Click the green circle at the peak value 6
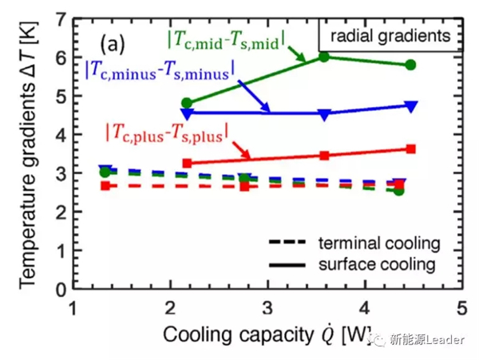pyautogui.click(x=323, y=57)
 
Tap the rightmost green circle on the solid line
pyautogui.click(x=410, y=65)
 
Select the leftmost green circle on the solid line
pyautogui.click(x=187, y=103)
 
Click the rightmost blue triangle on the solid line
pyautogui.click(x=410, y=105)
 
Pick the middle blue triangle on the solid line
pyautogui.click(x=323, y=114)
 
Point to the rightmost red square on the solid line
pyautogui.click(x=410, y=148)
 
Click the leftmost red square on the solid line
pyautogui.click(x=187, y=163)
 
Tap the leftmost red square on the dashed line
pyautogui.click(x=105, y=186)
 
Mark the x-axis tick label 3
pyautogui.click(x=268, y=308)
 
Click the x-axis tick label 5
pyautogui.click(x=461, y=308)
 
